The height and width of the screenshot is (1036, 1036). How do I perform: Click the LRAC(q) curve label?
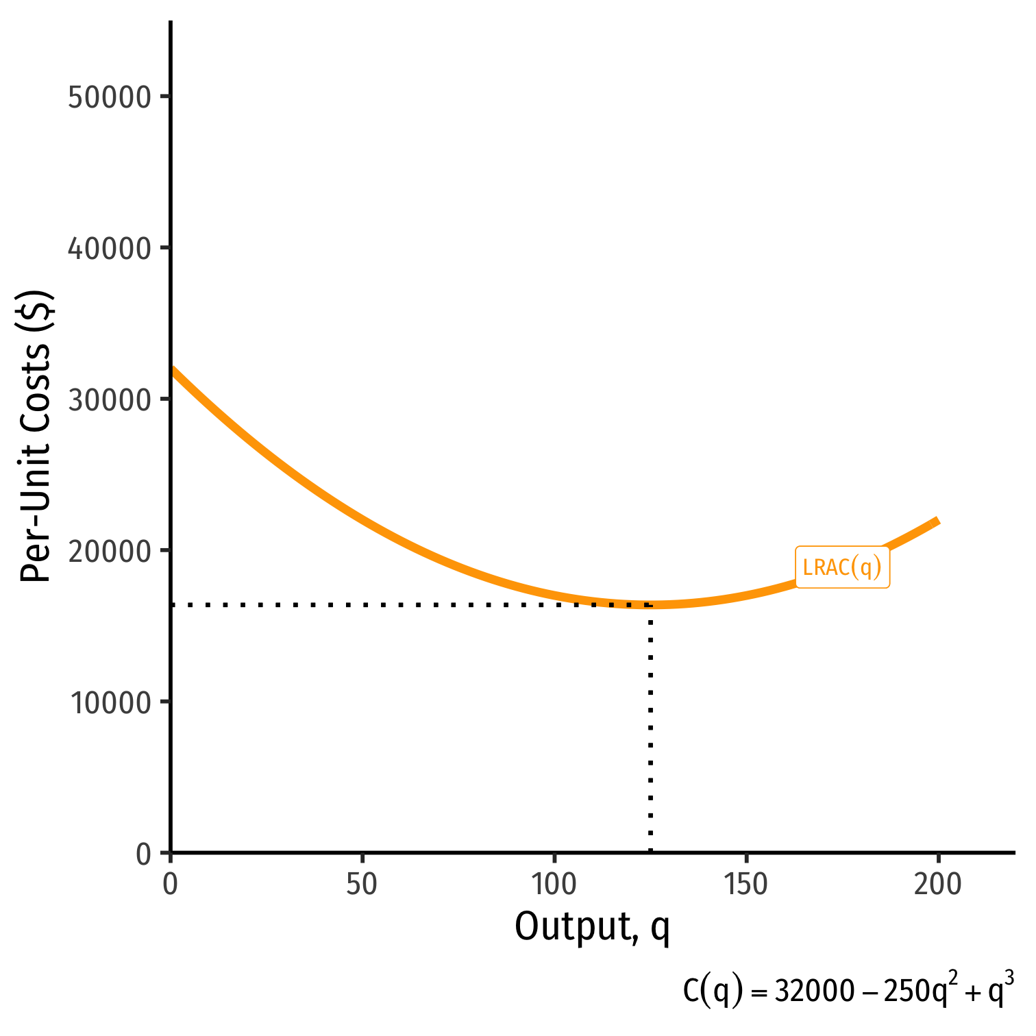coord(842,567)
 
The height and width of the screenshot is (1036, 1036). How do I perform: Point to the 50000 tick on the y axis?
coord(110,97)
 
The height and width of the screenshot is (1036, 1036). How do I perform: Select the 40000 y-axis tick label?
coord(110,249)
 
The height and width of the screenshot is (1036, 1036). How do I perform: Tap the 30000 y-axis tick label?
coord(110,400)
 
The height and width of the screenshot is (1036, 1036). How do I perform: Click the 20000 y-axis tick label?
coord(110,552)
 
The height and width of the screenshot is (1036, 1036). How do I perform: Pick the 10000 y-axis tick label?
coord(110,703)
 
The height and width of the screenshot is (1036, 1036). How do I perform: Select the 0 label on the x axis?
coord(170,885)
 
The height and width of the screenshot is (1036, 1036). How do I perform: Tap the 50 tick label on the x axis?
coord(362,885)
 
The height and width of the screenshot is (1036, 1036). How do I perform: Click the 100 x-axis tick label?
coord(554,885)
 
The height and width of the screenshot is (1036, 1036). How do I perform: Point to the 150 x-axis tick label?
coord(746,885)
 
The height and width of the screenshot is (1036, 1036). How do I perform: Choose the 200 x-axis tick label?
coord(938,885)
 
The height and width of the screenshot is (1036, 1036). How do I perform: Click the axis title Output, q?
coord(592,927)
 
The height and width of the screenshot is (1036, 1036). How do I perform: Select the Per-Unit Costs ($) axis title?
coord(36,437)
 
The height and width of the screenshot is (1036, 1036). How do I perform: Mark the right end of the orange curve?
coord(937,521)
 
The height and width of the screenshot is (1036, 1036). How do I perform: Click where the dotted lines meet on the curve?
coord(650,605)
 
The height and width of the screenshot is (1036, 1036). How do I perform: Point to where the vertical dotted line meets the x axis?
coord(650,852)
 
